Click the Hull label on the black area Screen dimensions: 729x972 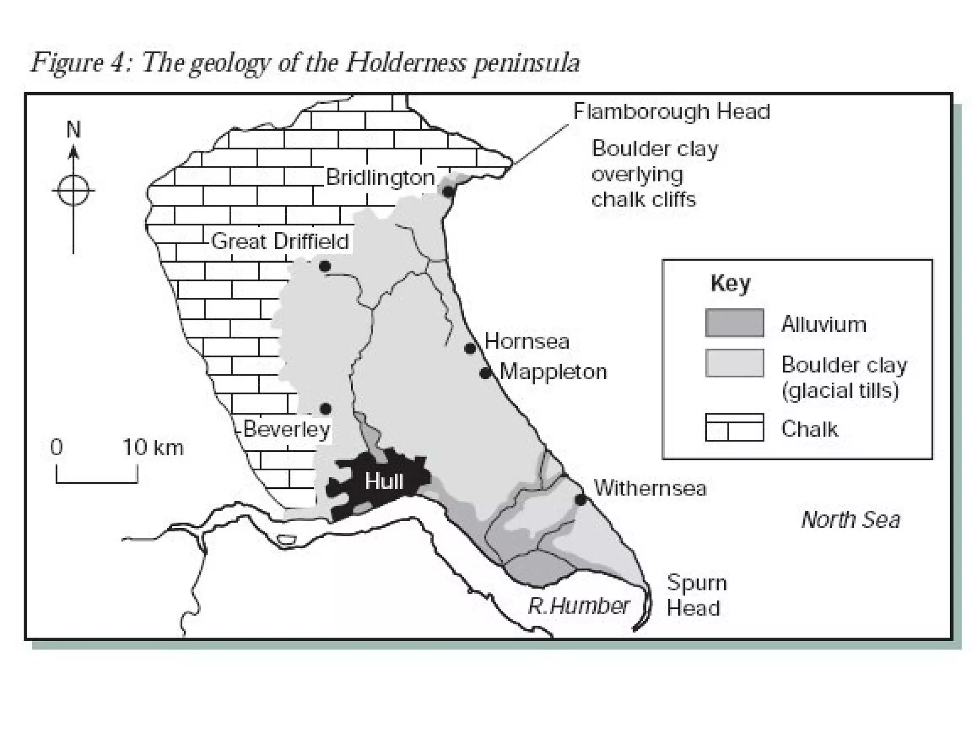pos(384,482)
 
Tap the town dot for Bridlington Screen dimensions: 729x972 pos(448,192)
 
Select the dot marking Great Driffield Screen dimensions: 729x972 pos(325,266)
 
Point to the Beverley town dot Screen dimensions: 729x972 pos(326,409)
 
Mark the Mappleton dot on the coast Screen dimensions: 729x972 pos(485,374)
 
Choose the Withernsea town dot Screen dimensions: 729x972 pos(580,500)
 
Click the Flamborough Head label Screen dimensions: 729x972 pos(671,112)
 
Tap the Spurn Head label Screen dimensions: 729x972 pos(696,595)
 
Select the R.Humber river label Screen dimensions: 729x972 pos(579,606)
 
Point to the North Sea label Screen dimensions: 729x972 pos(850,520)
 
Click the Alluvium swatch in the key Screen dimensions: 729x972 pos(734,323)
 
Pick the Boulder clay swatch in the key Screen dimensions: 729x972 pos(734,363)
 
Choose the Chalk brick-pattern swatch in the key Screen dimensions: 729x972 pos(734,428)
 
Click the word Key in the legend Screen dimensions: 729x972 pos(730,284)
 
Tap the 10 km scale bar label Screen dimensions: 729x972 pos(153,448)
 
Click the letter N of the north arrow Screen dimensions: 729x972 pos(74,130)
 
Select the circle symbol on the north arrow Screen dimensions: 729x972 pos(73,191)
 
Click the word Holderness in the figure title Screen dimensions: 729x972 pos(406,63)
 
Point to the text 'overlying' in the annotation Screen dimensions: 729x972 pos(637,175)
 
